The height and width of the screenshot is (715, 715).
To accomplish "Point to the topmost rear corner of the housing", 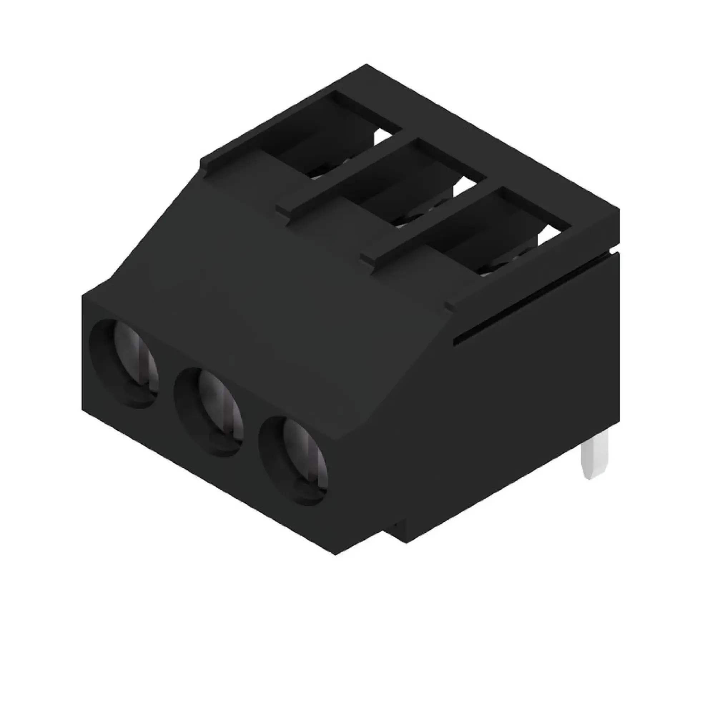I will coord(366,65).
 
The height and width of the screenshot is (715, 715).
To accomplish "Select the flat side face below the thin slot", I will coord(518,389).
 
